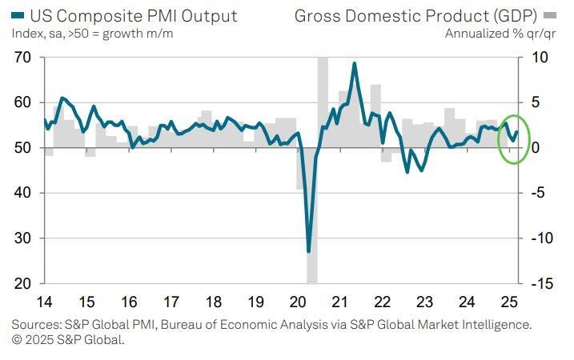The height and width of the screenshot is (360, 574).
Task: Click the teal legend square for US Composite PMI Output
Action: (18, 15)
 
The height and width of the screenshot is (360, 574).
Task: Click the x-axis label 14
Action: (44, 302)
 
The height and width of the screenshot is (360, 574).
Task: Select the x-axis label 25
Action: (508, 302)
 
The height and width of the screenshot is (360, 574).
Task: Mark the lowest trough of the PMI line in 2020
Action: (309, 251)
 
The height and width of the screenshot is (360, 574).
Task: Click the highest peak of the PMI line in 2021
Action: (355, 63)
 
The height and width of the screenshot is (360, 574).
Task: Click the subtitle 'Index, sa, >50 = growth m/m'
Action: (92, 33)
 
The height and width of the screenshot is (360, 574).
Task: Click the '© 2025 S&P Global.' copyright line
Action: (68, 339)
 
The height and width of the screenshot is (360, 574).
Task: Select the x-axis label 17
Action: (171, 302)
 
